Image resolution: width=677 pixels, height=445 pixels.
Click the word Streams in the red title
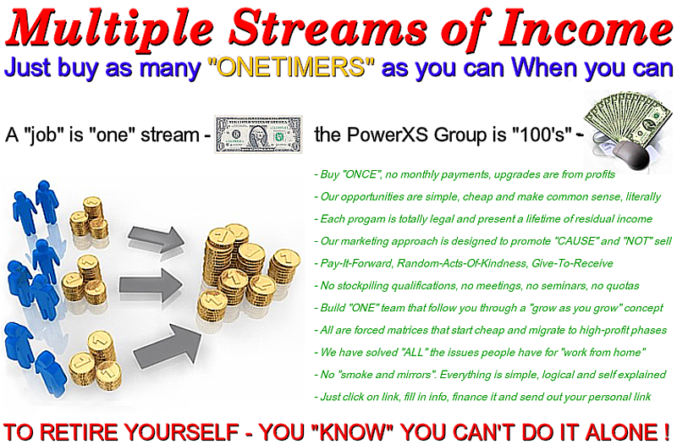[327, 28]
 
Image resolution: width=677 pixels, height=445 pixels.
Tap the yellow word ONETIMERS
[290, 68]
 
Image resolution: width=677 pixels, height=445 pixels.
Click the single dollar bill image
[258, 135]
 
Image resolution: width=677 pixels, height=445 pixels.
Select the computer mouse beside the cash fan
[631, 155]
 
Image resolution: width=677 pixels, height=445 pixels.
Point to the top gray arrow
[156, 238]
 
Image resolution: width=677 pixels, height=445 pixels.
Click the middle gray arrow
[151, 285]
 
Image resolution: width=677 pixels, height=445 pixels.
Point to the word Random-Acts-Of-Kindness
[462, 263]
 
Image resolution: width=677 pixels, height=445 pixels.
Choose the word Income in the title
[586, 27]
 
